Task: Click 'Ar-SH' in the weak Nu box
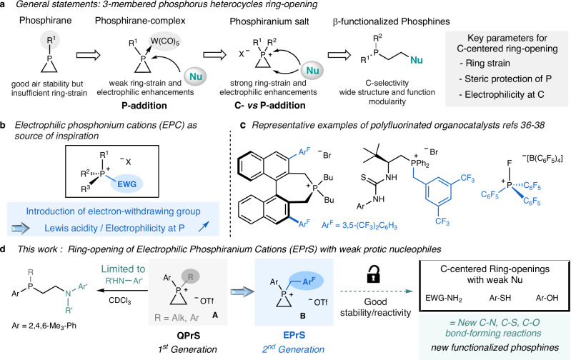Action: point(497,296)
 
